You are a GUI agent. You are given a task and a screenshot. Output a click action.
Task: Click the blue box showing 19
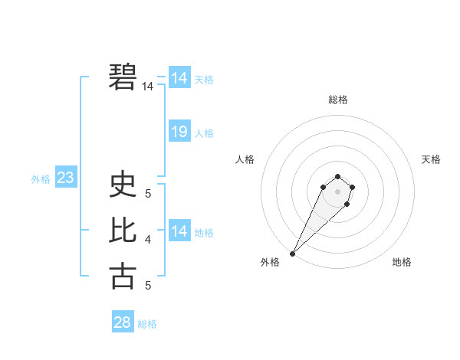179,132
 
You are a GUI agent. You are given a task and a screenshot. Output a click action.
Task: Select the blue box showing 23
65,178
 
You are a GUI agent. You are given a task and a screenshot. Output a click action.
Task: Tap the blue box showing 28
122,322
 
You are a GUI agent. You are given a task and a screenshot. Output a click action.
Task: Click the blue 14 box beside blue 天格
179,78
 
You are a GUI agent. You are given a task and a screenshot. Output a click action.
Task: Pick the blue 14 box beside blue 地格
179,231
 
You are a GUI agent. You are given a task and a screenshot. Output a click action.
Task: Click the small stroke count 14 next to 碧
147,87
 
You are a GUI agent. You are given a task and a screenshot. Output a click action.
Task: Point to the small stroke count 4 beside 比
148,240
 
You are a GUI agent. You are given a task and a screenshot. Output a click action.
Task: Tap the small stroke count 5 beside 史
148,195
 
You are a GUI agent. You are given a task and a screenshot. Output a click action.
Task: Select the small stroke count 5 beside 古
148,286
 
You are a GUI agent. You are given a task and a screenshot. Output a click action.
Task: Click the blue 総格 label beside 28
147,324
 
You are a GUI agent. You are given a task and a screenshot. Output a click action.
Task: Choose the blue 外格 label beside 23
41,179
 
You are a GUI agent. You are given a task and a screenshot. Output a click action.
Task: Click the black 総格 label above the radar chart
337,100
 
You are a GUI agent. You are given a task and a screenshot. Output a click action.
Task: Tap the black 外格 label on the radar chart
270,262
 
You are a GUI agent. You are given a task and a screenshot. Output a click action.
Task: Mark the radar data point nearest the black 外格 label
293,253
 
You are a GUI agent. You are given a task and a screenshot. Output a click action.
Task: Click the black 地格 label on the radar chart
402,262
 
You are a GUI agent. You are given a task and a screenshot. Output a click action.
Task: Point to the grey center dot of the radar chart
337,191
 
